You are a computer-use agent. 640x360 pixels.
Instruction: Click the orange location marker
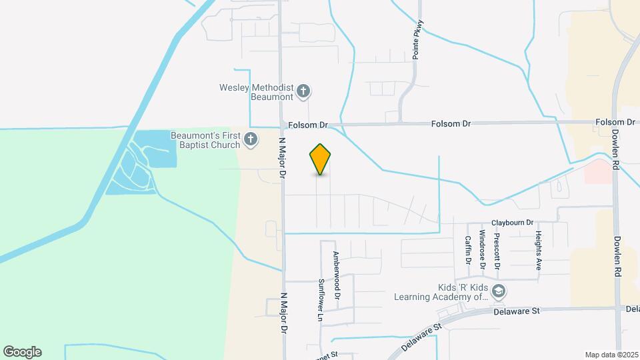click(321, 159)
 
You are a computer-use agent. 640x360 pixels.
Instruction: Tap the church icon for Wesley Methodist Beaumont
click(303, 91)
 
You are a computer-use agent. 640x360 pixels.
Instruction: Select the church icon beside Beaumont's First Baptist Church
click(251, 139)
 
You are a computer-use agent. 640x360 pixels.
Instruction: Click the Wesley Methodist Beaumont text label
click(257, 92)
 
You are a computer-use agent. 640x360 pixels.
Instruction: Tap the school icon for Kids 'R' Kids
click(498, 291)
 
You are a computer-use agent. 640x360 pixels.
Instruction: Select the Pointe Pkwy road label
click(417, 40)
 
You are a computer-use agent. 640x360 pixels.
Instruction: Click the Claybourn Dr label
click(513, 223)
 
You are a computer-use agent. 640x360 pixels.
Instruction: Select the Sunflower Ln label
click(320, 301)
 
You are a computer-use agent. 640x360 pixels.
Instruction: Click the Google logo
click(22, 352)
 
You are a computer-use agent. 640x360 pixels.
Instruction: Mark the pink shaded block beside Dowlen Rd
click(599, 171)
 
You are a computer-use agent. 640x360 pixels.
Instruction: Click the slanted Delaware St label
click(424, 339)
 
